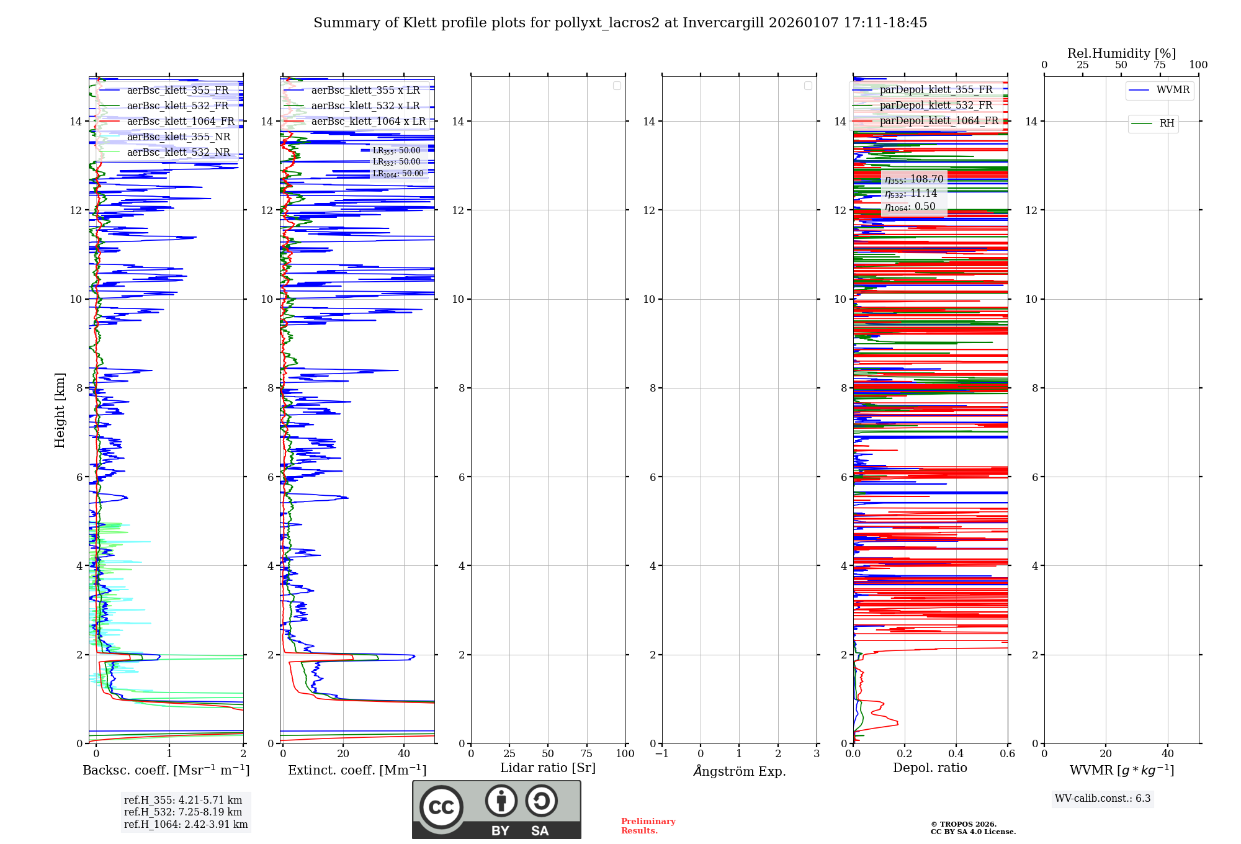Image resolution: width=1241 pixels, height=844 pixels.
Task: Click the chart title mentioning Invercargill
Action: [620, 23]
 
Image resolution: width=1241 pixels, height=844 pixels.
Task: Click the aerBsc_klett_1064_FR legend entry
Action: [180, 122]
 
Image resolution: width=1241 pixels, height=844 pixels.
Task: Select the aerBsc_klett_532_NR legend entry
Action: [178, 153]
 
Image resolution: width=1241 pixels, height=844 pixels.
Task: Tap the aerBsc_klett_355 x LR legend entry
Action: [365, 91]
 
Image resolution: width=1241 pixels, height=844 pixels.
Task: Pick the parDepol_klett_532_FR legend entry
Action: [936, 105]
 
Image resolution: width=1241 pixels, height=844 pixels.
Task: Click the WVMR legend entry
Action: [1173, 90]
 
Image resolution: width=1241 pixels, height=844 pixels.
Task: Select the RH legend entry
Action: [1167, 123]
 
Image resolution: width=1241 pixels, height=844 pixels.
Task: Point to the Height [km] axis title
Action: [60, 410]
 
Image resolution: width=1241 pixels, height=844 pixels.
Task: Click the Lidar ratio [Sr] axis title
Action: [548, 768]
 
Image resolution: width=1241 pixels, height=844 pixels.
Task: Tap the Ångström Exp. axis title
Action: [740, 771]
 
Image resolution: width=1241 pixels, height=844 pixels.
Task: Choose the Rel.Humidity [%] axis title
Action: [1121, 53]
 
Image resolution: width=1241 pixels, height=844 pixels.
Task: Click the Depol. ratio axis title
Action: [930, 768]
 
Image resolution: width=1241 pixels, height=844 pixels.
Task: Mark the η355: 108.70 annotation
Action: [914, 179]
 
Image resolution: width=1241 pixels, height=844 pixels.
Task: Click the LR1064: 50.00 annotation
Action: [398, 174]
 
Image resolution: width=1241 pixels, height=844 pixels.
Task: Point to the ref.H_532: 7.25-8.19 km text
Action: [183, 812]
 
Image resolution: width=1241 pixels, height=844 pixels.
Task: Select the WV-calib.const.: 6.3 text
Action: [1103, 799]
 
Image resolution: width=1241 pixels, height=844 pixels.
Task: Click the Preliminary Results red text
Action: [648, 826]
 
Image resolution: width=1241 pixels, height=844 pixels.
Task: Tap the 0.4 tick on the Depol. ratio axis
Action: [956, 754]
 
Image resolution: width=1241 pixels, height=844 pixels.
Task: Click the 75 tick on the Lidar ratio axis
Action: [586, 754]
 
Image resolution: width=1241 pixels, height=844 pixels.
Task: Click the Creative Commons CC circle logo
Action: [441, 807]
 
